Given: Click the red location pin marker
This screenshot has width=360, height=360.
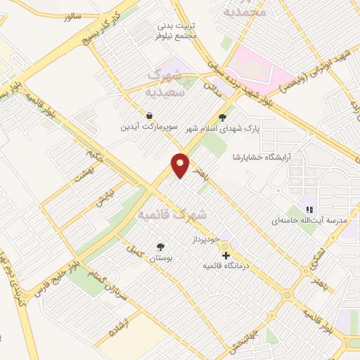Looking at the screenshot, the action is coord(180,166).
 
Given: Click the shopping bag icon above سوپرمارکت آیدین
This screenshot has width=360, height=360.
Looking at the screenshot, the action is coord(149,115).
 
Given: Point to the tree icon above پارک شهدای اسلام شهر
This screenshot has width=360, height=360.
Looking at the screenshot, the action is coord(223,117).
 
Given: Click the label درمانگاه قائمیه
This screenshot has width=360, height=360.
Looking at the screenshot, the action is coord(225,266).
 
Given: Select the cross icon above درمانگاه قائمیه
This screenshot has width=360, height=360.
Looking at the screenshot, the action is coord(225,254).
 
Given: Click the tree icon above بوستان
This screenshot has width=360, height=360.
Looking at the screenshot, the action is coord(161,247).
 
